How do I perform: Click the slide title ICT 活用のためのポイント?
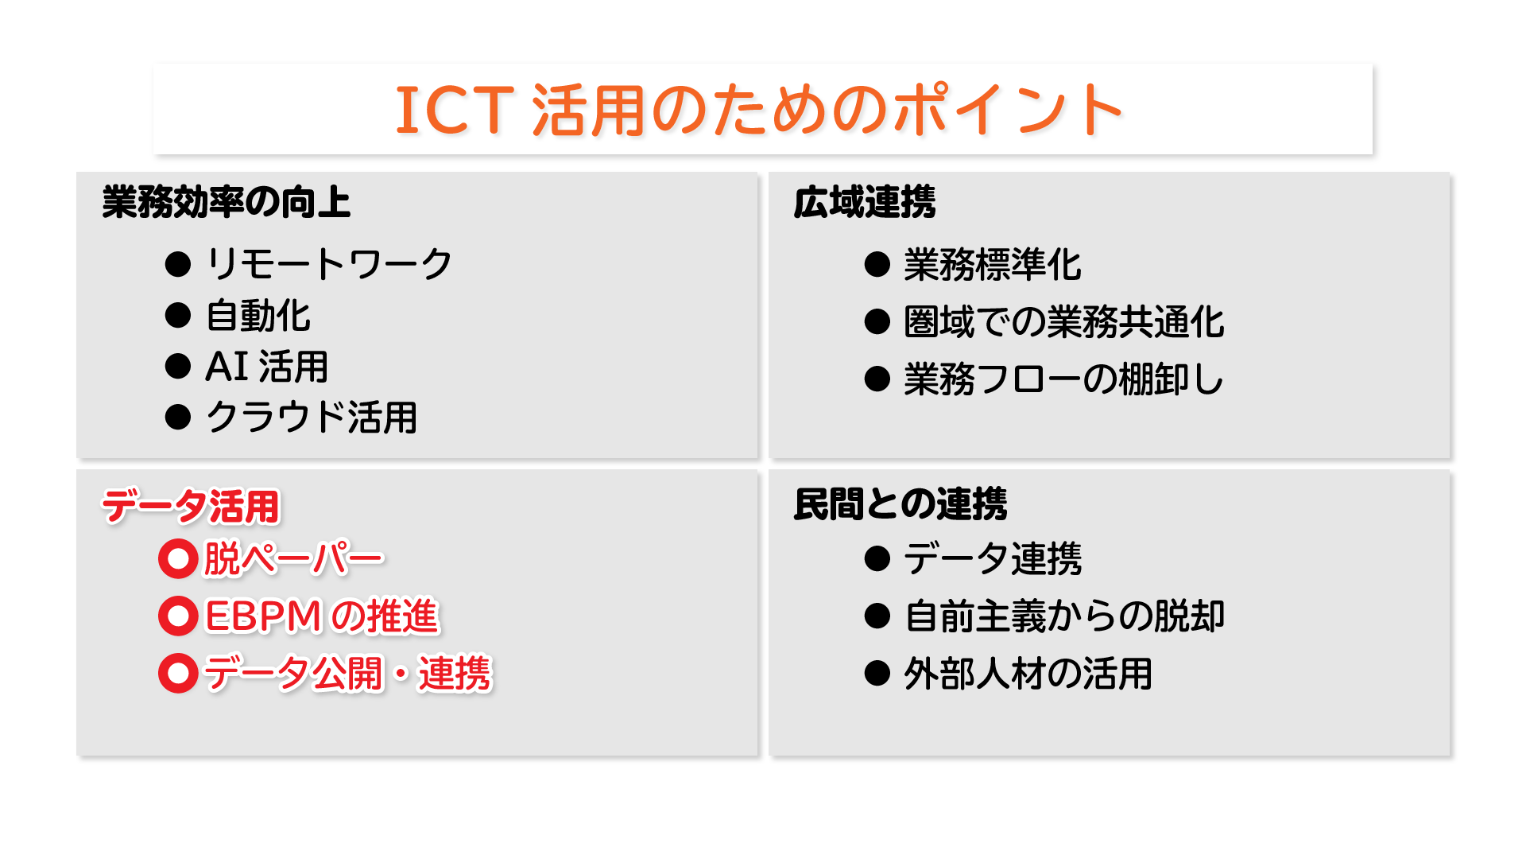click(759, 110)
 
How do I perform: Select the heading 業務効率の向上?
click(227, 202)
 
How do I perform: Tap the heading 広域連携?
click(865, 202)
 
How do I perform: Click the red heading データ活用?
click(191, 506)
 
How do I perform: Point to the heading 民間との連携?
click(900, 504)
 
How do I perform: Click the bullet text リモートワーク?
click(329, 264)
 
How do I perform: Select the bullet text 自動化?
click(258, 316)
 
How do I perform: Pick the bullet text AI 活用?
click(267, 367)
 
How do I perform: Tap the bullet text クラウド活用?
click(312, 417)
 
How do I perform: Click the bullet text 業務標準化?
click(993, 265)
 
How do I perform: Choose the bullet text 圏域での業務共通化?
click(1064, 322)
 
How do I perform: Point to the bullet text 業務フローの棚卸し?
click(1063, 379)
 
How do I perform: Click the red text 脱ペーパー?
click(294, 558)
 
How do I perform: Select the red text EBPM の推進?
click(322, 616)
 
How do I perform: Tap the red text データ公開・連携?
click(348, 674)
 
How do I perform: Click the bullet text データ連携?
click(993, 558)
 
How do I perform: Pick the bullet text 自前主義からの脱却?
click(1064, 616)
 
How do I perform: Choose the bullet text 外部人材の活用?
click(1028, 674)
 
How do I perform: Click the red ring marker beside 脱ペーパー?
click(178, 543)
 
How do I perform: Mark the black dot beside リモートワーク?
click(178, 264)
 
